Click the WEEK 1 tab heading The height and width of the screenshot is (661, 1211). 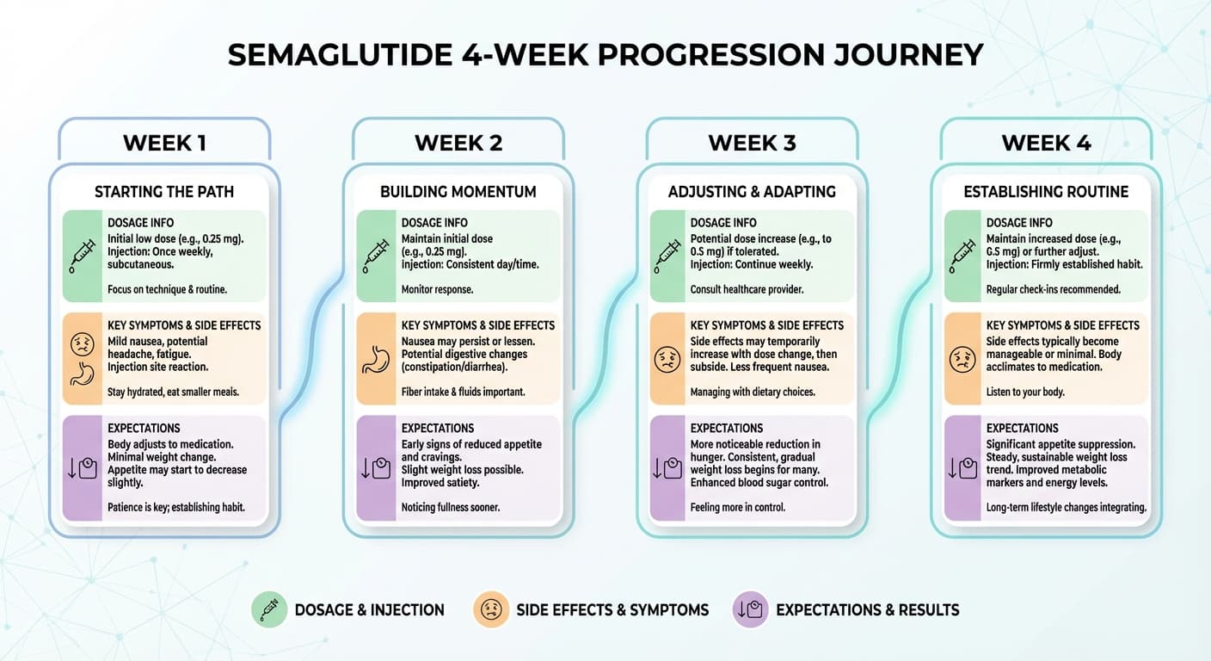[x=164, y=143]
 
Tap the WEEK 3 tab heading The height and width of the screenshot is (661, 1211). [x=752, y=143]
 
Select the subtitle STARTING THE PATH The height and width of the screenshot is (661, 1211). [x=164, y=191]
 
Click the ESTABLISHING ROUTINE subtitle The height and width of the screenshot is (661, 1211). [x=1046, y=191]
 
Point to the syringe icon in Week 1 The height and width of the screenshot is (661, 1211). [x=83, y=256]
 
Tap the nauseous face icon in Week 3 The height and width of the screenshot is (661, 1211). [x=667, y=359]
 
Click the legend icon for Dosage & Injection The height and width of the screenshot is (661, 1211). [x=268, y=610]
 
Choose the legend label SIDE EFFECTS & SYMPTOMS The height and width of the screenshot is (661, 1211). [x=612, y=610]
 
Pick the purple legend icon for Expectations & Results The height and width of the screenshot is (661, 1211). [x=749, y=610]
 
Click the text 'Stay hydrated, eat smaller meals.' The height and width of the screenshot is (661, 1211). [x=173, y=392]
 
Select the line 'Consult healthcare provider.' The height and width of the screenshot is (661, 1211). [x=747, y=290]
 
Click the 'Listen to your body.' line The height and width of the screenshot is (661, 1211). [x=1025, y=392]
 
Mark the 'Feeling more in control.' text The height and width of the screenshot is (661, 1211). [x=737, y=508]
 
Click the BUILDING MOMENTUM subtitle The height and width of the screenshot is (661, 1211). [x=458, y=191]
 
